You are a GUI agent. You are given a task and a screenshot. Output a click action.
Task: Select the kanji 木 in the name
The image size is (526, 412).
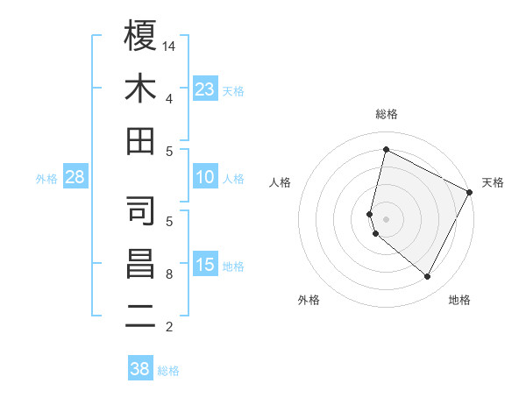(x=141, y=89)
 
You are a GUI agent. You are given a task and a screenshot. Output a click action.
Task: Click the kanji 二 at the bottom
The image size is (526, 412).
(x=141, y=316)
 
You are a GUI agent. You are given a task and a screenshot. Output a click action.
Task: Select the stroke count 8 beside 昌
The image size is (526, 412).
(x=169, y=274)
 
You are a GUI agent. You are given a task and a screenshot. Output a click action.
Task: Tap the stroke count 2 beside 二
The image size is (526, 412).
(x=169, y=327)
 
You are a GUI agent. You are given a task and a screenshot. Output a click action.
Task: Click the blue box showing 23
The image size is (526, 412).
(x=205, y=89)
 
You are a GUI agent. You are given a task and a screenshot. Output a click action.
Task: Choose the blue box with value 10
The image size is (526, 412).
(x=205, y=177)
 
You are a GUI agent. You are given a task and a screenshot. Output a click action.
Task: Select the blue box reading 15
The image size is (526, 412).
(x=205, y=265)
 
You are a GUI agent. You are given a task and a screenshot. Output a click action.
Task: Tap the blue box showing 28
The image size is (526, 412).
(x=75, y=177)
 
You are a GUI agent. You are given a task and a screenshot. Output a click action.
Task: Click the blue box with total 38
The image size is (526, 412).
(x=139, y=369)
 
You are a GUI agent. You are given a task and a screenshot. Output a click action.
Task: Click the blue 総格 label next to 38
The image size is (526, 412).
(x=168, y=371)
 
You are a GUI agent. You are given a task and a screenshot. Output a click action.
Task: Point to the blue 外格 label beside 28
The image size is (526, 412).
(x=46, y=179)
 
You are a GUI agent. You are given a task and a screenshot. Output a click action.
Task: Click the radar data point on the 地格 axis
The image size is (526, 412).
(x=427, y=277)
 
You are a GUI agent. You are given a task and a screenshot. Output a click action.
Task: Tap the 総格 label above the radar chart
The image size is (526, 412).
(x=387, y=114)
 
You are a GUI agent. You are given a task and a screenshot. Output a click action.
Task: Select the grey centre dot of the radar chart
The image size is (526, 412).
(x=387, y=219)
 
